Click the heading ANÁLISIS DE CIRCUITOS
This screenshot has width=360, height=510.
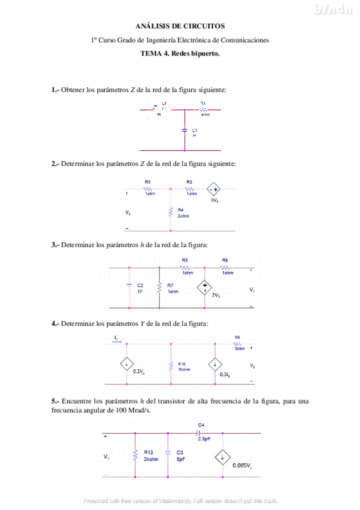point(180,26)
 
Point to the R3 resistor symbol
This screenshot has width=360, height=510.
point(148,188)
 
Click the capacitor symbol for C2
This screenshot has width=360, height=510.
point(129,287)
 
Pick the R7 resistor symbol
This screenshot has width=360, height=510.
point(159,287)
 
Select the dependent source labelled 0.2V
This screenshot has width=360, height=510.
point(127,364)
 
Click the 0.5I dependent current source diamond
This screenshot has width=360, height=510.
point(214,364)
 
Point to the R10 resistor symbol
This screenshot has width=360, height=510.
point(171,364)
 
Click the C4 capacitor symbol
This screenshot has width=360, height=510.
point(199,432)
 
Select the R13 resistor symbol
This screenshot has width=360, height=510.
point(136,455)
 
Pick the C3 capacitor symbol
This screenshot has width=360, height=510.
point(169,455)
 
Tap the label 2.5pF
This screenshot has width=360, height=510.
point(204,440)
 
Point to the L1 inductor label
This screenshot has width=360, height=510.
point(164,103)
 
